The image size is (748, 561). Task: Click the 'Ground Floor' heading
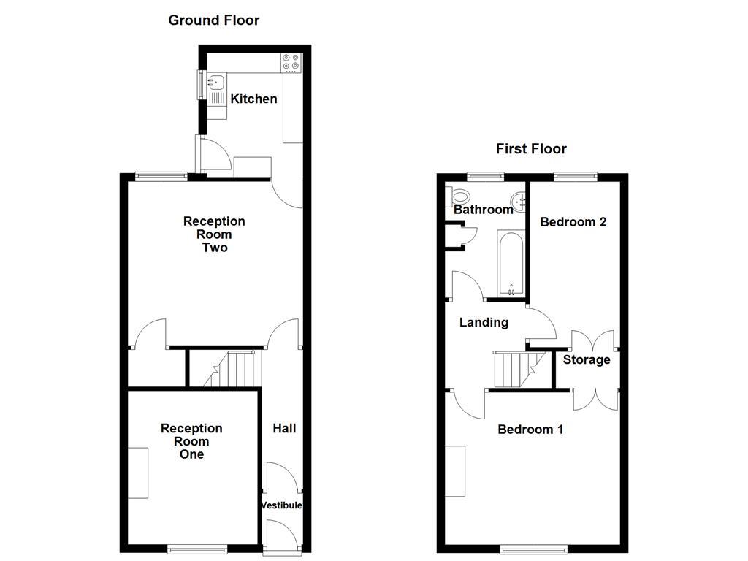tap(213, 20)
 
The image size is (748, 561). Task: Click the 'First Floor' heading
tap(531, 149)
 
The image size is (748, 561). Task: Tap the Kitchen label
tap(253, 99)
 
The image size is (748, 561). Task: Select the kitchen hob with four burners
tap(290, 64)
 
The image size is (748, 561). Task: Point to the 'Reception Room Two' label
tap(214, 234)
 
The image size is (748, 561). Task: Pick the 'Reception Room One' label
tap(191, 441)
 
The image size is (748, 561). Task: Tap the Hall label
tap(284, 428)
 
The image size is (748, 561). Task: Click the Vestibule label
tap(281, 505)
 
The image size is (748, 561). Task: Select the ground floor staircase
tap(234, 368)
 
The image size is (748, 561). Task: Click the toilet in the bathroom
tap(459, 196)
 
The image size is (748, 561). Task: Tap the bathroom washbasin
tap(519, 199)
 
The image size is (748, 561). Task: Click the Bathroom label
tap(484, 210)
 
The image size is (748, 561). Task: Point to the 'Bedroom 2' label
tap(573, 222)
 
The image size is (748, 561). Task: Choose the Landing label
tap(484, 322)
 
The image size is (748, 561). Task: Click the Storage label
tap(586, 359)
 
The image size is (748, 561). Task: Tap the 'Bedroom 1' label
tap(530, 430)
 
